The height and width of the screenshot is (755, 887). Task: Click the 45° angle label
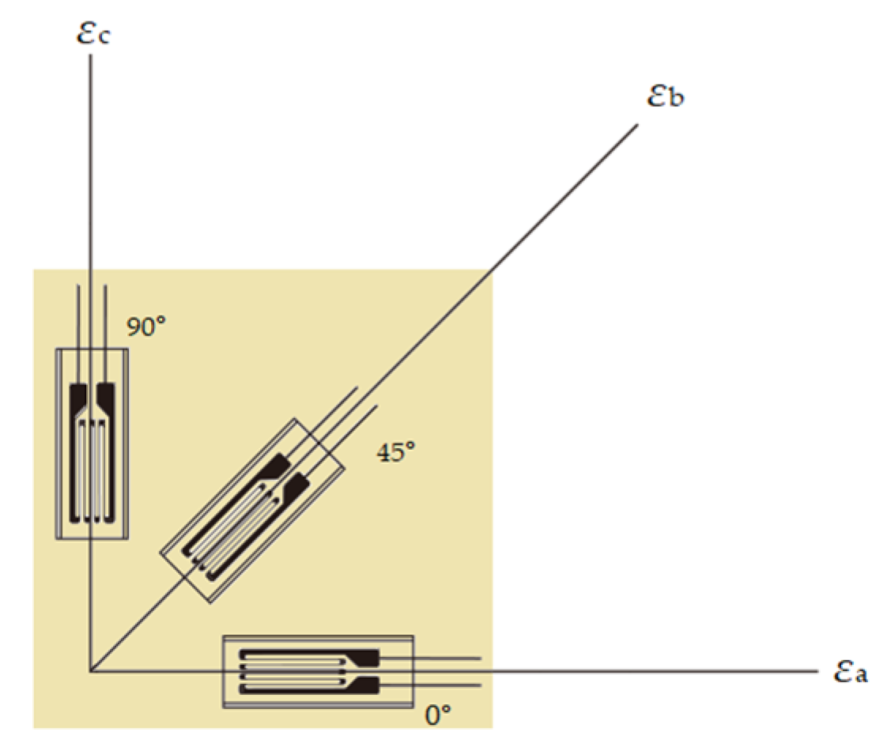click(396, 452)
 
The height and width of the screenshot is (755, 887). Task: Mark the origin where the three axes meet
click(91, 672)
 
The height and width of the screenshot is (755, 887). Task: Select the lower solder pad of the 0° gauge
click(368, 685)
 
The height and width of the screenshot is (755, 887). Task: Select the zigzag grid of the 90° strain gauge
click(92, 470)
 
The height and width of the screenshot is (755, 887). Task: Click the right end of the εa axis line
click(814, 672)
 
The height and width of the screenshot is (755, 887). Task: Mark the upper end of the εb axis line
click(636, 124)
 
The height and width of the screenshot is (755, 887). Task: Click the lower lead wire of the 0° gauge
click(443, 685)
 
